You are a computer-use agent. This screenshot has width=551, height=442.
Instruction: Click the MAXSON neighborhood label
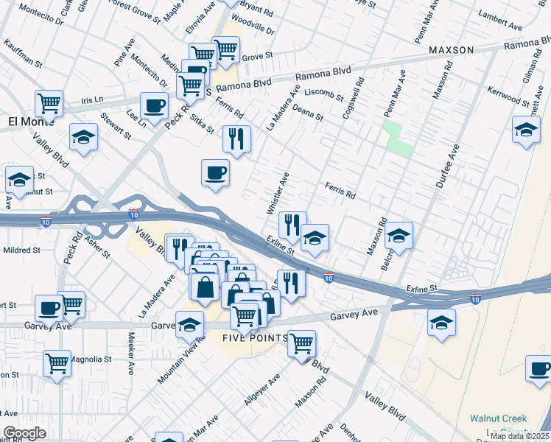450,51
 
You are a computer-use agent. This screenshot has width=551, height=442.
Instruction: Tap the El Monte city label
26,121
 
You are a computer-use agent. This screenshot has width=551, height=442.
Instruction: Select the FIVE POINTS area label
249,337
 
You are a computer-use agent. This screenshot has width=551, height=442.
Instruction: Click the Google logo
25,433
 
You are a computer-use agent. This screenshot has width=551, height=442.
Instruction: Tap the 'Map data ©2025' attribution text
519,436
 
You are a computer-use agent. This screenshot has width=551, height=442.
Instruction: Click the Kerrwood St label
506,96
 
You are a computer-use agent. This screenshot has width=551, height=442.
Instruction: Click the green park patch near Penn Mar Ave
397,139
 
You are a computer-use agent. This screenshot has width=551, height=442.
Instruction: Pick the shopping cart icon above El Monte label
49,102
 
